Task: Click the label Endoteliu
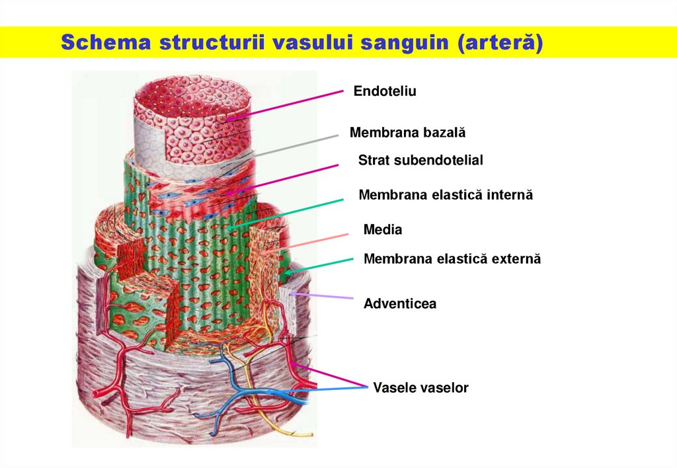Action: point(385,91)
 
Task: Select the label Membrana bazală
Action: point(407,133)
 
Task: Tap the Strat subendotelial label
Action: point(420,160)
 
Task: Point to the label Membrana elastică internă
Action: point(445,195)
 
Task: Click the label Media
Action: point(383,230)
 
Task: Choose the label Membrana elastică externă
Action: point(452,259)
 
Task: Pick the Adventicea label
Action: point(400,304)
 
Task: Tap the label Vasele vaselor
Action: point(420,388)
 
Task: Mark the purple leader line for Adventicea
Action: point(324,295)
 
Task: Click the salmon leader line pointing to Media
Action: point(311,243)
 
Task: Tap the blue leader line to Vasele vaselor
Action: point(331,389)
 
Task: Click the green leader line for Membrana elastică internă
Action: point(291,212)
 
